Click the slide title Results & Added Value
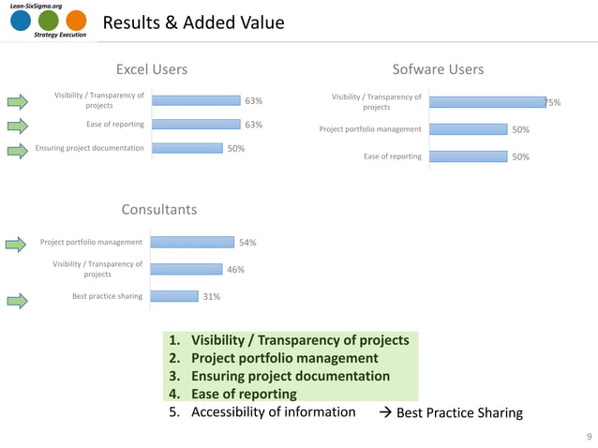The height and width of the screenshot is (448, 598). pyautogui.click(x=192, y=22)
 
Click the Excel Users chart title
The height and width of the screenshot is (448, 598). pyautogui.click(x=151, y=69)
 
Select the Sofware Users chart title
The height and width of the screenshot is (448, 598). pyautogui.click(x=438, y=69)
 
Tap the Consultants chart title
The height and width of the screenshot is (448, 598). pyautogui.click(x=158, y=209)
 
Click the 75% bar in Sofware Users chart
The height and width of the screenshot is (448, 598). pyautogui.click(x=487, y=102)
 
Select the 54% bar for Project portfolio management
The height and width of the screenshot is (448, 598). pyautogui.click(x=191, y=243)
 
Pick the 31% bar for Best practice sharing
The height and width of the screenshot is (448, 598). pyautogui.click(x=173, y=296)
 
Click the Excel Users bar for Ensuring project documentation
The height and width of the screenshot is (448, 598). pyautogui.click(x=187, y=148)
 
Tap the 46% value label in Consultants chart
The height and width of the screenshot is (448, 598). pyautogui.click(x=235, y=270)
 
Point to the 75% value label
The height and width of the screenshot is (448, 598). pyautogui.click(x=553, y=103)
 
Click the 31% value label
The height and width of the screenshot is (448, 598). pyautogui.click(x=212, y=297)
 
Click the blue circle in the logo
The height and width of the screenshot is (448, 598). pyautogui.click(x=21, y=22)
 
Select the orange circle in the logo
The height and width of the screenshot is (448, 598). pyautogui.click(x=76, y=22)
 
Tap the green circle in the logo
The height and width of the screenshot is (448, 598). pyautogui.click(x=49, y=22)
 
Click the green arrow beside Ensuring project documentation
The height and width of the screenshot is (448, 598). pyautogui.click(x=19, y=148)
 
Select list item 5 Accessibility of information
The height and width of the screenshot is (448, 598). pyautogui.click(x=262, y=412)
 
